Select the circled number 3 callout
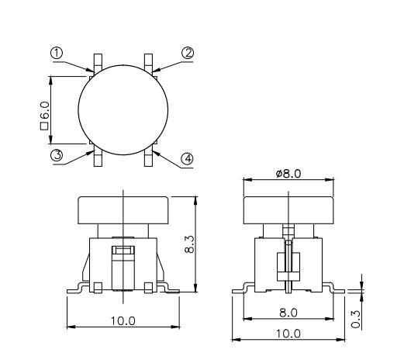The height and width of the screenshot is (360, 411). coord(57,154)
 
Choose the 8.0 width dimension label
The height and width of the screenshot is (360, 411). coord(288,313)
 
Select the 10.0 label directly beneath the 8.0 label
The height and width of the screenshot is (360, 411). coord(288,333)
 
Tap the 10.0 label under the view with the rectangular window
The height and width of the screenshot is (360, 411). coord(123,320)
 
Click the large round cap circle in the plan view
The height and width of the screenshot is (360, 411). coord(123,109)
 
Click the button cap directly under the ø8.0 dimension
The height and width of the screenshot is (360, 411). coord(288,209)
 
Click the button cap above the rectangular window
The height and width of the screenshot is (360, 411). coord(123,209)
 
